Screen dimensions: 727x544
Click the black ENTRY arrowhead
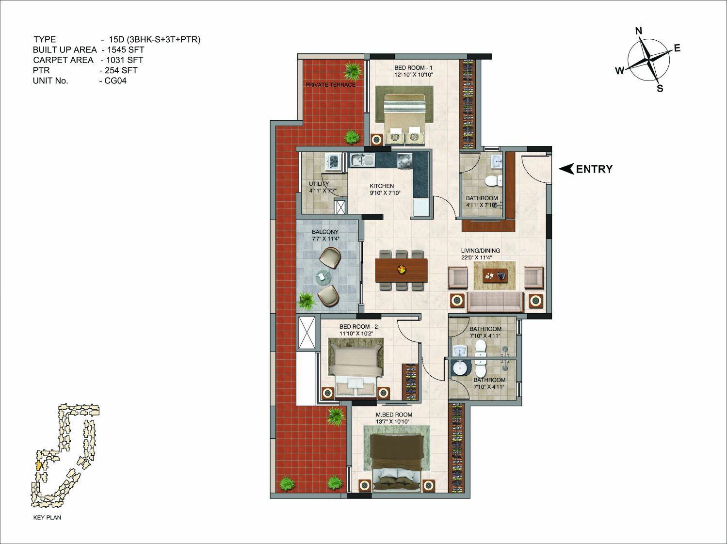[x=566, y=169]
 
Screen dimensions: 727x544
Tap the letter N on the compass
[x=639, y=31]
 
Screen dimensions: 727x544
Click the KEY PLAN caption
[x=47, y=517]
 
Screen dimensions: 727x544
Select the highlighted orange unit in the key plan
[x=39, y=465]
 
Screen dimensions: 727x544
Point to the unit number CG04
[x=115, y=81]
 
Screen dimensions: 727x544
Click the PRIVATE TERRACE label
[x=330, y=85]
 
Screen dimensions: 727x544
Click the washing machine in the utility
[x=335, y=161]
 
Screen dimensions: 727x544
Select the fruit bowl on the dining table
[x=402, y=269]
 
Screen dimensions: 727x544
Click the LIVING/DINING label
[x=481, y=251]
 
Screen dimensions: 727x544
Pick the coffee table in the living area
[x=495, y=275]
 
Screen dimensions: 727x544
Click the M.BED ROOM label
[x=394, y=415]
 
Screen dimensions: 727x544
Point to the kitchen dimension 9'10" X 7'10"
[x=385, y=192]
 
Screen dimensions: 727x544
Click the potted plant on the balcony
[x=307, y=301]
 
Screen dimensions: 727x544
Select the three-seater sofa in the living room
[x=496, y=302]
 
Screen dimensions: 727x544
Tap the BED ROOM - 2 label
[x=358, y=327]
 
